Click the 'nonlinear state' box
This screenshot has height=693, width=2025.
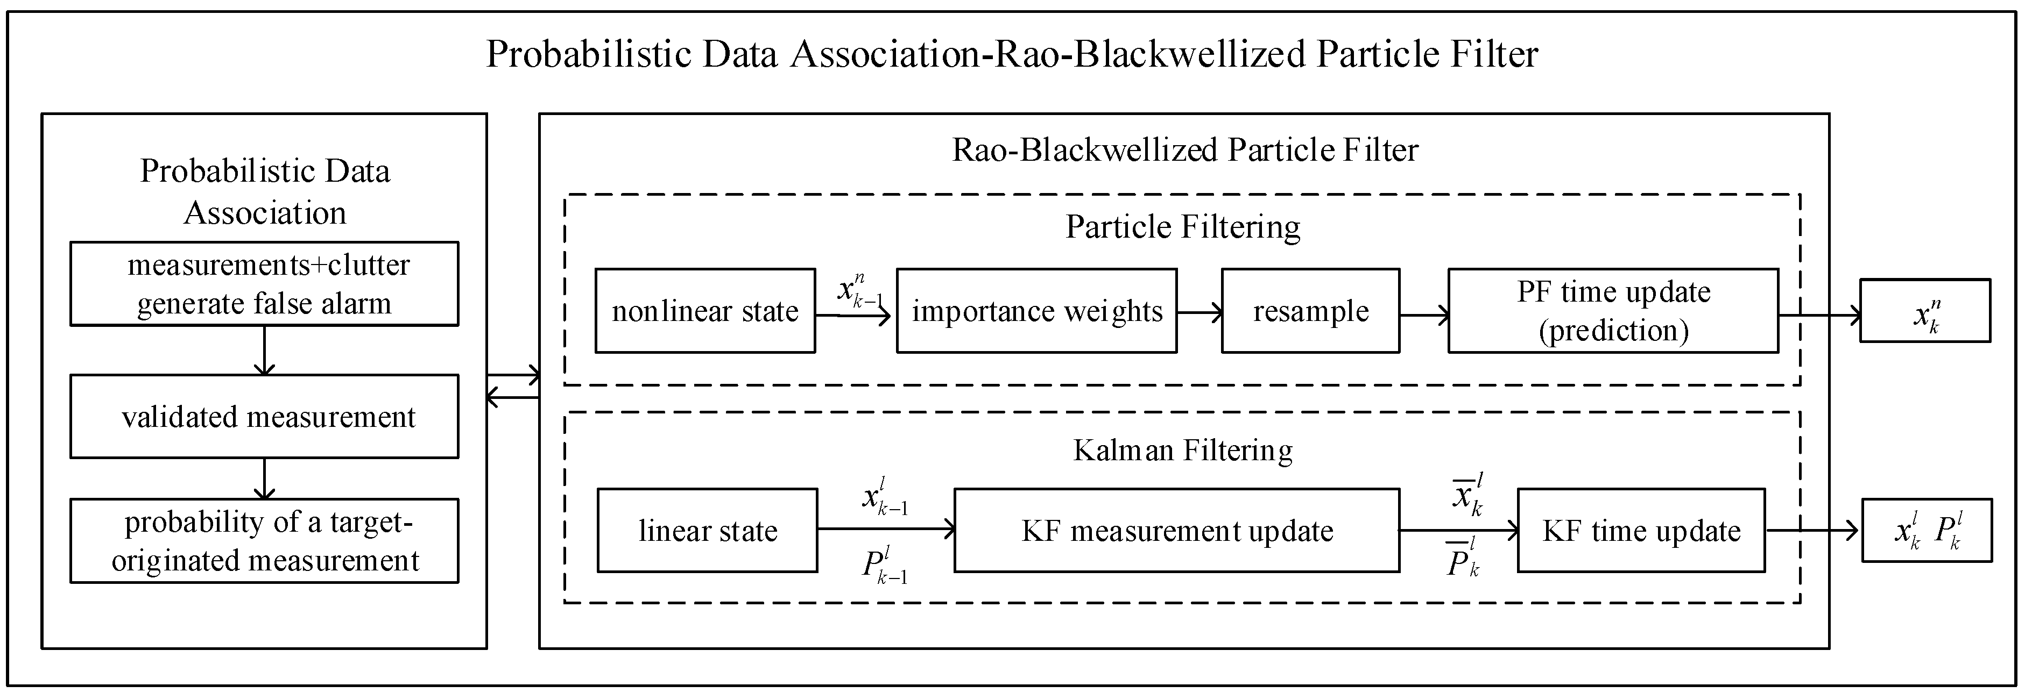coord(704,311)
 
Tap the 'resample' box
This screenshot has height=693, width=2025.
coord(1310,311)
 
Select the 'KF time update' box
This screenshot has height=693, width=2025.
coord(1641,530)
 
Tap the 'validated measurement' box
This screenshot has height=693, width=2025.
coord(264,417)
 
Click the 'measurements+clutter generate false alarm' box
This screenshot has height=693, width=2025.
coord(264,284)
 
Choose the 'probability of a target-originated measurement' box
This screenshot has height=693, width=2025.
coord(264,540)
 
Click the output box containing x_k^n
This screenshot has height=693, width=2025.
coord(1924,311)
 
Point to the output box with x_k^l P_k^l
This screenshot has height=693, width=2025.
coord(1926,530)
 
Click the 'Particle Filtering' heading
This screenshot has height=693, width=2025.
coord(1182,227)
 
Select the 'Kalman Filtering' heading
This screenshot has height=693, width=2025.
coord(1182,450)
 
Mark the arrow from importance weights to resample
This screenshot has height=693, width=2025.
coord(1199,313)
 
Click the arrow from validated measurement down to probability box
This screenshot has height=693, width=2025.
coord(264,478)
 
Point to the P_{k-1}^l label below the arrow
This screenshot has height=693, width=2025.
coord(884,567)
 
